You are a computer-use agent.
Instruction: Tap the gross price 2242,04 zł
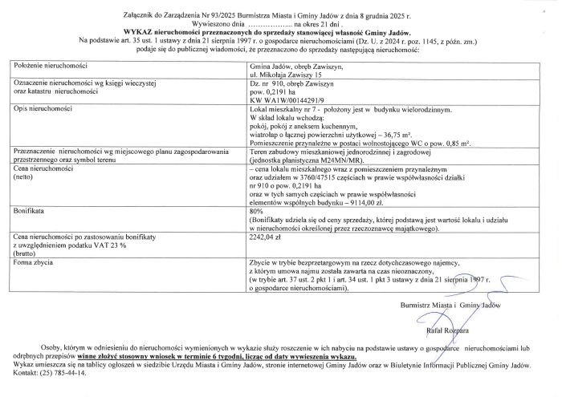(x=266, y=237)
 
